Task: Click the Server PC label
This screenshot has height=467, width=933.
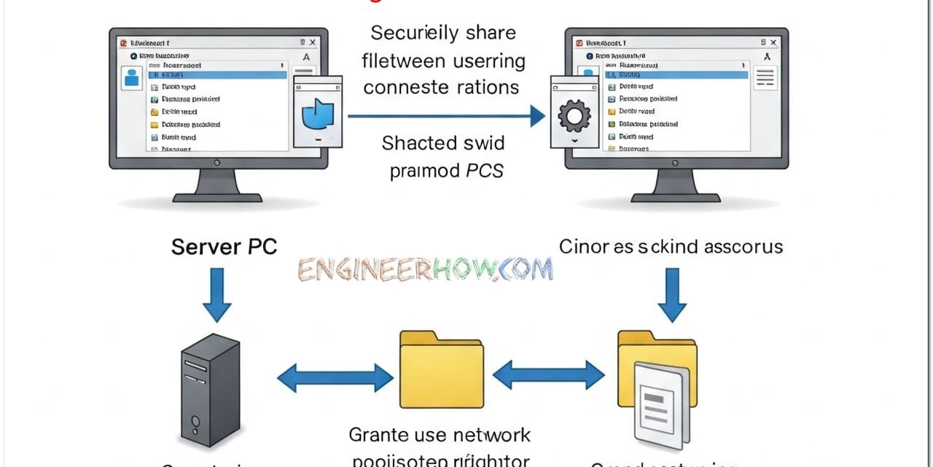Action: (x=224, y=247)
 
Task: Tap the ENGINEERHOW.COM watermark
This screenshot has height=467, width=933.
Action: (x=425, y=269)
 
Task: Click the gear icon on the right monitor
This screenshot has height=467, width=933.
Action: (x=572, y=115)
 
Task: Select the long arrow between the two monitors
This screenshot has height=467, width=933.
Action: (x=446, y=115)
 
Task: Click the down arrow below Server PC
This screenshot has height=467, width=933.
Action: (x=216, y=296)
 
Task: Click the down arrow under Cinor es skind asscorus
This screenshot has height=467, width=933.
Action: (x=671, y=296)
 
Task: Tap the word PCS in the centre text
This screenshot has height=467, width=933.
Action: (x=484, y=171)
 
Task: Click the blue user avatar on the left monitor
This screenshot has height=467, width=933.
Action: (x=133, y=77)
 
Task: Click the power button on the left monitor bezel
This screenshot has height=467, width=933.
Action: (x=217, y=163)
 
